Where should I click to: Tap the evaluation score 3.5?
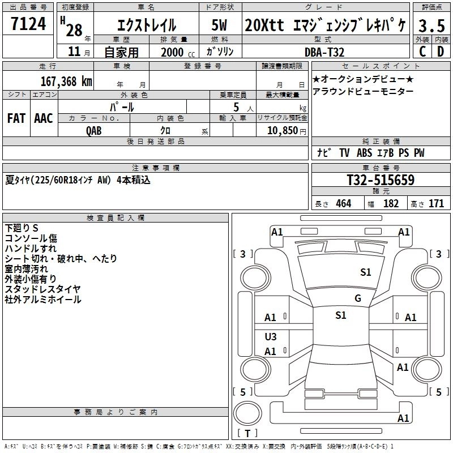431,25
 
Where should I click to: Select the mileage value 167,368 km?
66,81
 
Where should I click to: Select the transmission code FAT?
16,118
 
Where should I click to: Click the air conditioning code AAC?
44,118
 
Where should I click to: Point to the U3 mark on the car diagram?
271,337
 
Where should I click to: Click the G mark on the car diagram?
357,298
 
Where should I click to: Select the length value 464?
343,204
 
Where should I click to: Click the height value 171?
436,204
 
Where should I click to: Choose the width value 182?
391,204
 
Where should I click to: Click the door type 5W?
220,25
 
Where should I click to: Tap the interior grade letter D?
440,52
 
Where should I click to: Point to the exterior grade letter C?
422,52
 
